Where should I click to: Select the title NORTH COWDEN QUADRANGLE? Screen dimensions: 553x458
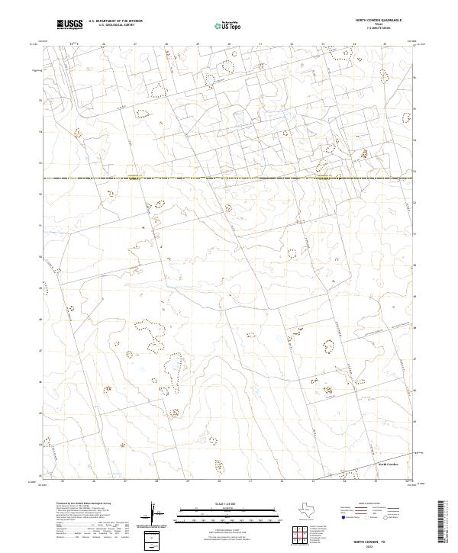click(x=379, y=21)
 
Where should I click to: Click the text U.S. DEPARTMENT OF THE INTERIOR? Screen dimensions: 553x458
click(x=115, y=21)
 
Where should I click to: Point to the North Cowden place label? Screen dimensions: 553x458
click(x=389, y=463)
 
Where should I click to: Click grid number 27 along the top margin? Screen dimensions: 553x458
click(x=135, y=44)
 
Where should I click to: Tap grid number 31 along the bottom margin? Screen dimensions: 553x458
click(x=250, y=481)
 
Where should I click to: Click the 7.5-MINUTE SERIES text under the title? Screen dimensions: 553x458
click(x=379, y=29)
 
